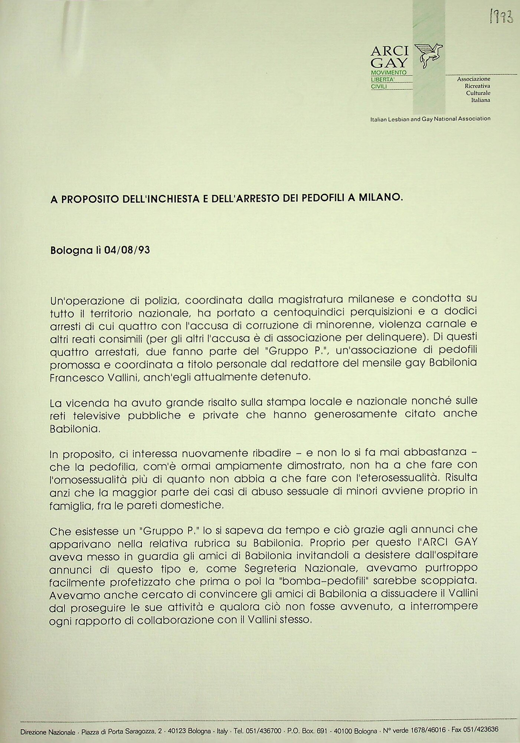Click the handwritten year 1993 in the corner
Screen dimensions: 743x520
501,16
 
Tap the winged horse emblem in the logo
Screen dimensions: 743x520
429,55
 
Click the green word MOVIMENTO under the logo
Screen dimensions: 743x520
389,72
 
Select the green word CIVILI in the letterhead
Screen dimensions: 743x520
379,87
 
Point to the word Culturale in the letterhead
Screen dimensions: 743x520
478,93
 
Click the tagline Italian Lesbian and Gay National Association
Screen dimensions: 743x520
430,119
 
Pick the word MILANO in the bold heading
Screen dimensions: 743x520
381,197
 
